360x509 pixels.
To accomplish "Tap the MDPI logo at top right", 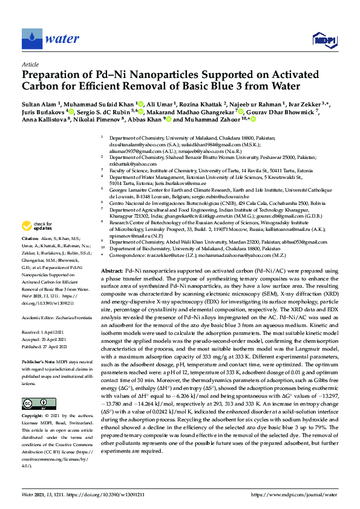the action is (x=321, y=40).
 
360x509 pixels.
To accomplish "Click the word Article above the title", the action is (x=30, y=64).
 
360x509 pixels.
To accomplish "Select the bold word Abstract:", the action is (x=113, y=271).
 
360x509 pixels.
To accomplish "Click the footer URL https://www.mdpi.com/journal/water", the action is (x=293, y=494).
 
